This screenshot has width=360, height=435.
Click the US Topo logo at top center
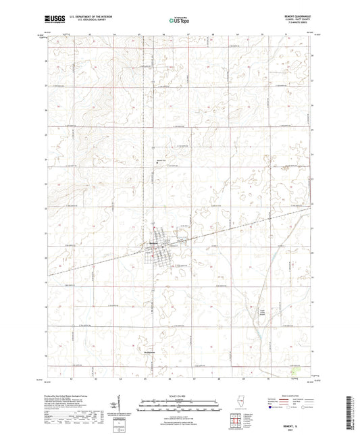tap(175, 21)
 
